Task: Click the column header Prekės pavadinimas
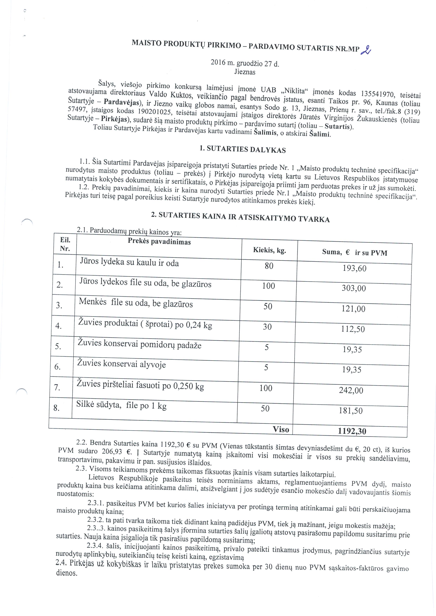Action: [159, 242]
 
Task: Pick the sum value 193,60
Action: [354, 268]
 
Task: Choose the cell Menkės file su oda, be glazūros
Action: [136, 303]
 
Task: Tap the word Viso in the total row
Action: [281, 429]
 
